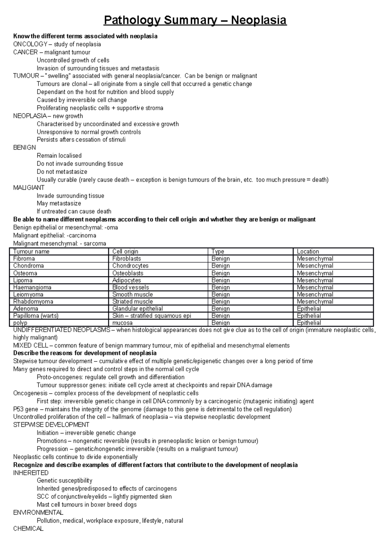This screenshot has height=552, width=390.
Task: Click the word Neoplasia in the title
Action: point(259,20)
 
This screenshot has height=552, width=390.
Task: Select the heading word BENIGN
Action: point(24,148)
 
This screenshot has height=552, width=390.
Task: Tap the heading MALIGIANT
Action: point(29,188)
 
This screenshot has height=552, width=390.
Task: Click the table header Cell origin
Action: point(125,251)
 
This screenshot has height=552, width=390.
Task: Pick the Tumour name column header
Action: point(31,251)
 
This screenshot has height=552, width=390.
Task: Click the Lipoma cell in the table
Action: point(23,280)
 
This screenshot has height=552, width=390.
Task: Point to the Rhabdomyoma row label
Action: point(33,301)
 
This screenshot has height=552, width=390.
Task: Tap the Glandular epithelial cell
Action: point(137,309)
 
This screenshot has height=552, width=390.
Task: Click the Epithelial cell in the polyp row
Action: point(309,323)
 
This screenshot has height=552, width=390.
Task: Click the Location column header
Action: point(308,251)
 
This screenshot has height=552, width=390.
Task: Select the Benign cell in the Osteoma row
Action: point(220,273)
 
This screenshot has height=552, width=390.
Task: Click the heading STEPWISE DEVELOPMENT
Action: point(51,425)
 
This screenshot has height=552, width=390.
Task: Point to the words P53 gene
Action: point(26,409)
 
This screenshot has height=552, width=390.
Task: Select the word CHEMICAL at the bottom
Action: point(28,529)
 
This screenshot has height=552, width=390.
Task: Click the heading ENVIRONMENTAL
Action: point(38,513)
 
